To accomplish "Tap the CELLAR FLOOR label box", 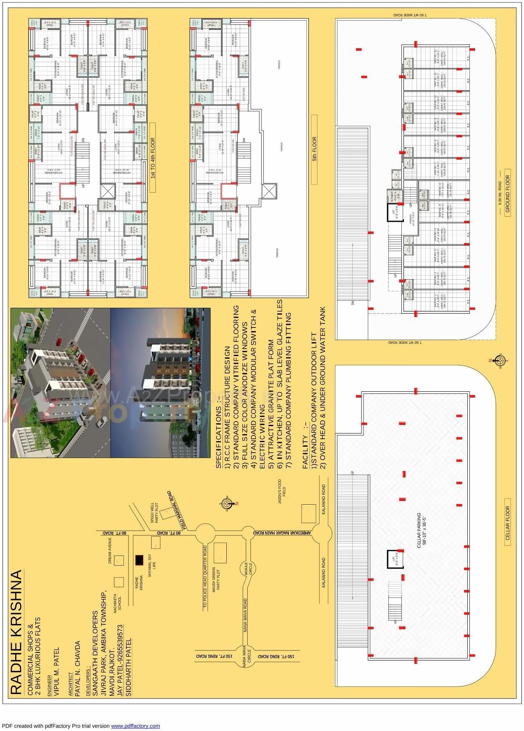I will (x=507, y=526).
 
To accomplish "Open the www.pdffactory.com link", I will (x=135, y=726).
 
